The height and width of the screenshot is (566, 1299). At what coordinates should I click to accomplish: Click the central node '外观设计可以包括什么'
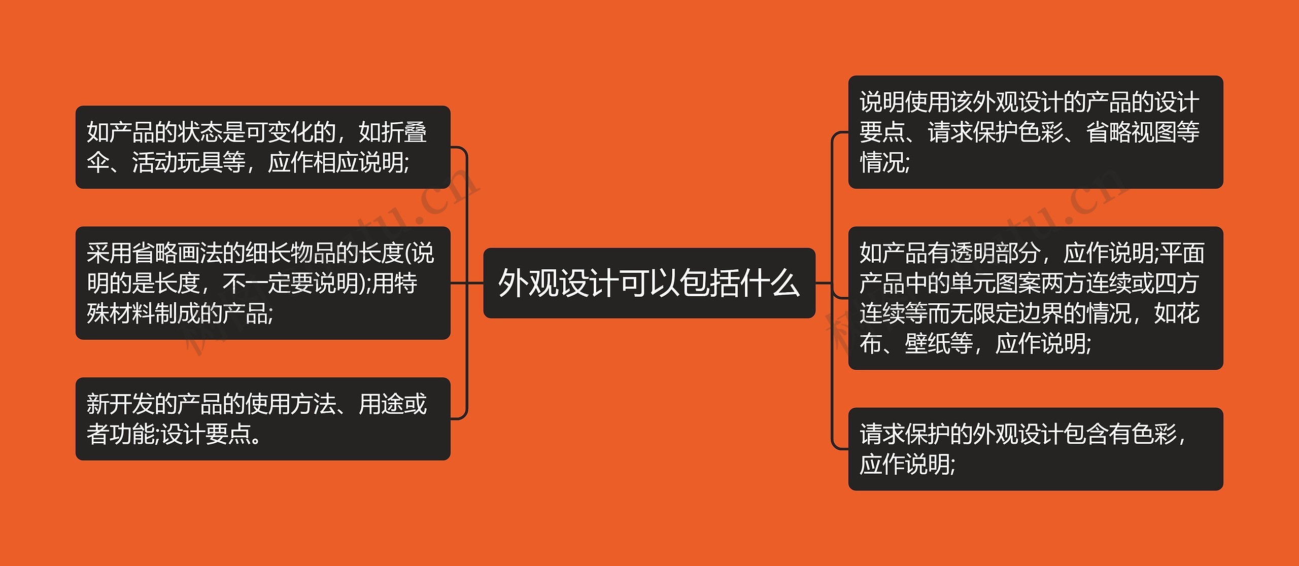649,283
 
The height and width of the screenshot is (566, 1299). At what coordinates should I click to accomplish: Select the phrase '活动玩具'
177,163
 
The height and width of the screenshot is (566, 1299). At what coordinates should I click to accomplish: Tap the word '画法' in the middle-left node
199,253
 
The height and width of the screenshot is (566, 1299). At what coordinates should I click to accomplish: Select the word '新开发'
120,404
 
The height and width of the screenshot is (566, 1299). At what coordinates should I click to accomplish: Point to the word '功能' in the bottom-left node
131,434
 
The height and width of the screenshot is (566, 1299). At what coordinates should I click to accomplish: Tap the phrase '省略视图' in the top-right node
1132,132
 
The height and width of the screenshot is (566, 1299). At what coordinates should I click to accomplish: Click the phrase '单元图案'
996,283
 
